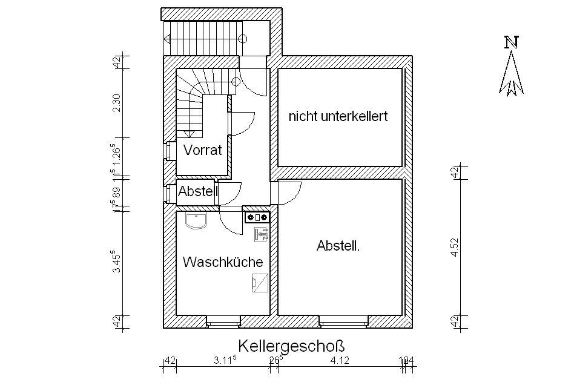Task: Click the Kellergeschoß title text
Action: [291, 346]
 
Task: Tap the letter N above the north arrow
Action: [512, 42]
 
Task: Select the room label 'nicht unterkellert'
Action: [338, 116]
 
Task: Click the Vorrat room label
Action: [203, 150]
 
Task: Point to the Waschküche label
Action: [223, 262]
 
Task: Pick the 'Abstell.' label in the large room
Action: [338, 246]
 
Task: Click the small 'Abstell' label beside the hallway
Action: [198, 191]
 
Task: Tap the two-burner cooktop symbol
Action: [257, 217]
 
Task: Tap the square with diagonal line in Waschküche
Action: [260, 282]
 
